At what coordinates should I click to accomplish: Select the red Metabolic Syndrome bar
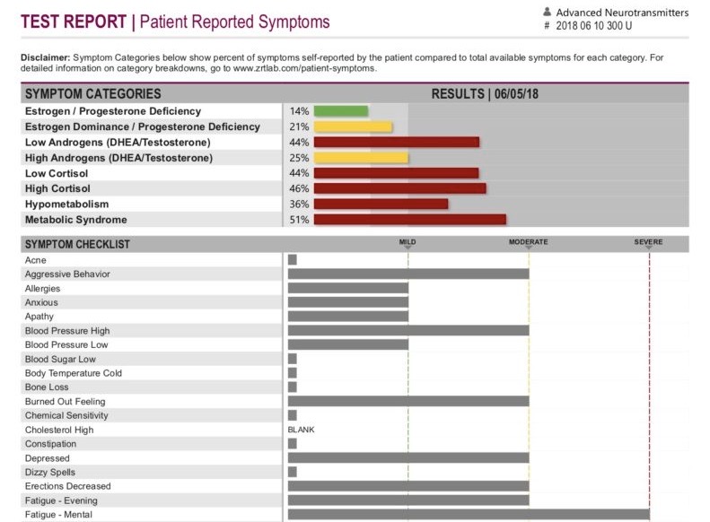click(410, 220)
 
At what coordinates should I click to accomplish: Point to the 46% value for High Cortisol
click(299, 189)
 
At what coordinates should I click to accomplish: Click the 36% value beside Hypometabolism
click(299, 204)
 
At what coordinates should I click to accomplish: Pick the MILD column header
click(408, 242)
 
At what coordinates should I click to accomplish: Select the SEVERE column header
click(648, 242)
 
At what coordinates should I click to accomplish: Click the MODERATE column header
click(528, 242)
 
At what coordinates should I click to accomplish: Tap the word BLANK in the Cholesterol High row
click(301, 430)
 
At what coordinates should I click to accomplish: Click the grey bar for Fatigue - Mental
click(468, 515)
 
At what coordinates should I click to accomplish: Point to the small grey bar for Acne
click(293, 260)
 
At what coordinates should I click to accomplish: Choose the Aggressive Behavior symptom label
click(67, 274)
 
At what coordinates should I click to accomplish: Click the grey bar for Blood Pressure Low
click(347, 345)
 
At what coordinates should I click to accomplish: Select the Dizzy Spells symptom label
click(50, 473)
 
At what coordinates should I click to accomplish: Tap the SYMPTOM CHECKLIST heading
click(77, 244)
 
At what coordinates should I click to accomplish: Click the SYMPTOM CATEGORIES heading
click(93, 93)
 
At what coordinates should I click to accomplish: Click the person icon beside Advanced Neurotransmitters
click(547, 13)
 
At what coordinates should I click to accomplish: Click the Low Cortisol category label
click(58, 173)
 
